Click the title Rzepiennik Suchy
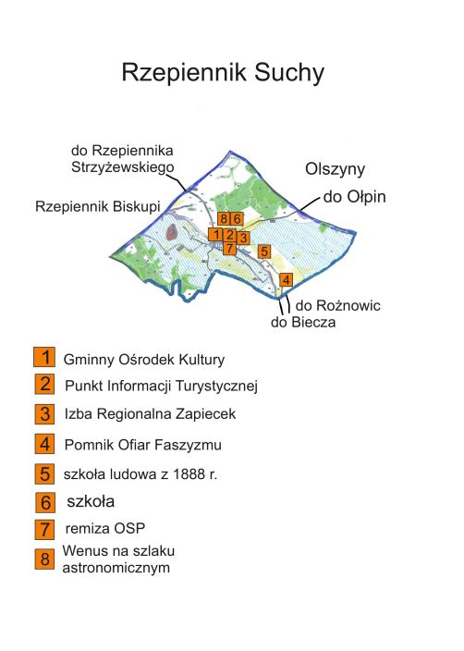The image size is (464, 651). point(223,73)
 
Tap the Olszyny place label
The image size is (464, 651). point(336,169)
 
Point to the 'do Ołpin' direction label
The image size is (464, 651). point(354,197)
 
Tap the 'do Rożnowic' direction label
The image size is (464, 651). point(338,305)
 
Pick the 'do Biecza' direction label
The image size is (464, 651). point(303,323)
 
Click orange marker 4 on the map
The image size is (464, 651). point(287,280)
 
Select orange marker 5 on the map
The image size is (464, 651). point(263,251)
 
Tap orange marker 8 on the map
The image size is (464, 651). point(224,219)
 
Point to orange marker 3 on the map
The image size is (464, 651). point(242,238)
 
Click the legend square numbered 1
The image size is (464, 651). point(43,358)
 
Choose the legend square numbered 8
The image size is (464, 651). point(43,559)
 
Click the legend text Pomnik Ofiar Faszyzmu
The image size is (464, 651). point(143,446)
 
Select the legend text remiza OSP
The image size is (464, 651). point(106,530)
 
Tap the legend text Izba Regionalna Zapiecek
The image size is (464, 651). point(151,415)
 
